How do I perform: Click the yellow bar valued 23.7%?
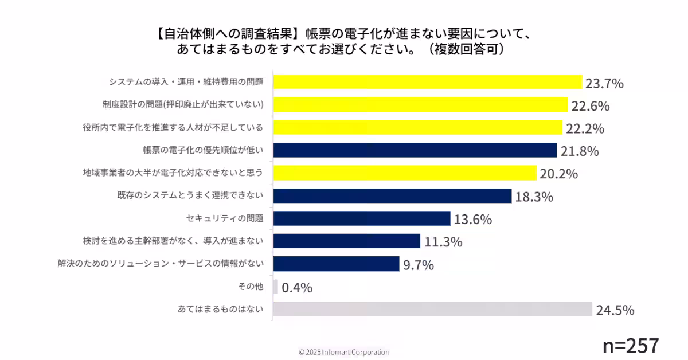[x=427, y=82]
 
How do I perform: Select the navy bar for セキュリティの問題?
[x=362, y=218]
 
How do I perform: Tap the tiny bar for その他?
[x=276, y=287]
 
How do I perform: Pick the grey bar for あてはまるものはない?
[x=432, y=310]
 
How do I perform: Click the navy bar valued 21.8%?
[x=415, y=150]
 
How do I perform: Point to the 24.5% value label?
[x=615, y=311]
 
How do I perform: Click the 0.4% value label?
[x=297, y=288]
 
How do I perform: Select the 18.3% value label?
[x=534, y=197]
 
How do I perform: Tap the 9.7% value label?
[x=419, y=265]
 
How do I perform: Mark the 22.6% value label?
[x=590, y=107]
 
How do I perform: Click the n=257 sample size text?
[x=631, y=345]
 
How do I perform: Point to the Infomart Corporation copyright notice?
[x=344, y=352]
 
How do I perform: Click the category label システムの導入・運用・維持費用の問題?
[x=186, y=82]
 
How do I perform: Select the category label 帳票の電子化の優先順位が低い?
[x=203, y=150]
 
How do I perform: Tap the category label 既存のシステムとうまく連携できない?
[x=190, y=195]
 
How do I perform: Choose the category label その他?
[x=250, y=287]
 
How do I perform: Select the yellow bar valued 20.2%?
[x=404, y=173]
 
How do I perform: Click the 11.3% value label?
[x=443, y=242]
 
